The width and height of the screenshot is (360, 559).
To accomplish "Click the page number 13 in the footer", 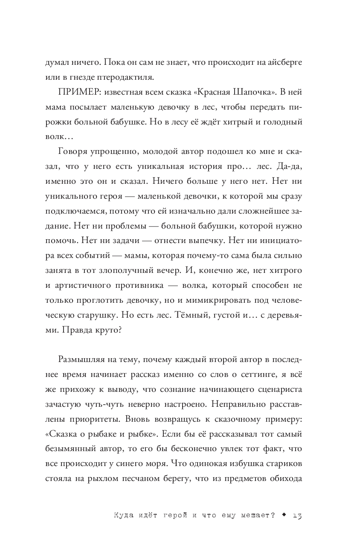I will point(297,515).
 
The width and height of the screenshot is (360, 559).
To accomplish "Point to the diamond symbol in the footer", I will point(283,515).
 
